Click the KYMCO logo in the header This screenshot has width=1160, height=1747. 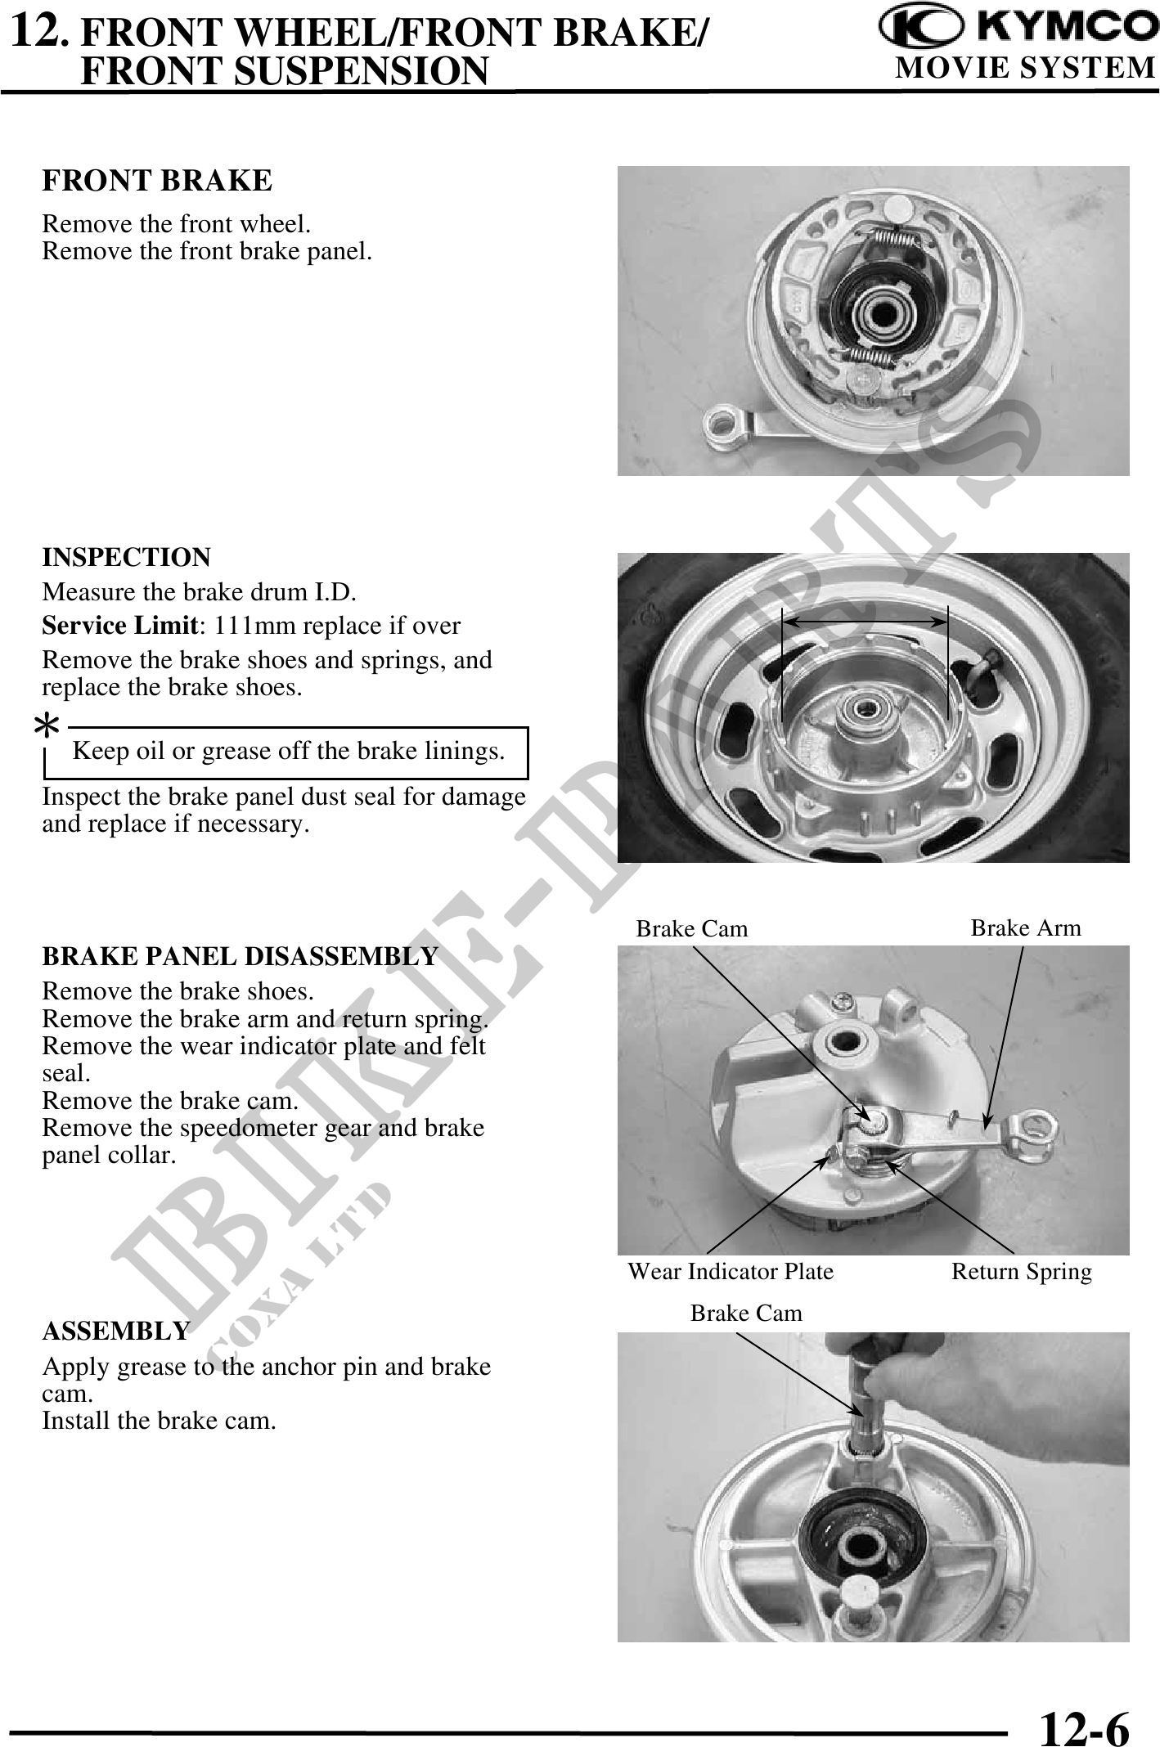point(1018,29)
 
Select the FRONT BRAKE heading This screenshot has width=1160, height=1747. point(157,181)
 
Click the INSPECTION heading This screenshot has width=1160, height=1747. point(126,558)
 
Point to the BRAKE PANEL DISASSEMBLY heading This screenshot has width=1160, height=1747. point(241,957)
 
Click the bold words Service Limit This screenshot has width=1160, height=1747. point(120,626)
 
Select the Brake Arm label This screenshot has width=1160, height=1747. point(1026,927)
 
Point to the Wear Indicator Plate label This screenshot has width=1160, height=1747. point(731,1272)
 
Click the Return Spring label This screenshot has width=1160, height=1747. point(1022,1272)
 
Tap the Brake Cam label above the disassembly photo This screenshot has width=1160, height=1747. point(692,928)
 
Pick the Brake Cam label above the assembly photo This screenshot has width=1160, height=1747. point(747,1313)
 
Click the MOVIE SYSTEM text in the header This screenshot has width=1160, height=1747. point(1026,67)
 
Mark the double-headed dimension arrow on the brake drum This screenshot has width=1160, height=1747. point(865,622)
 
